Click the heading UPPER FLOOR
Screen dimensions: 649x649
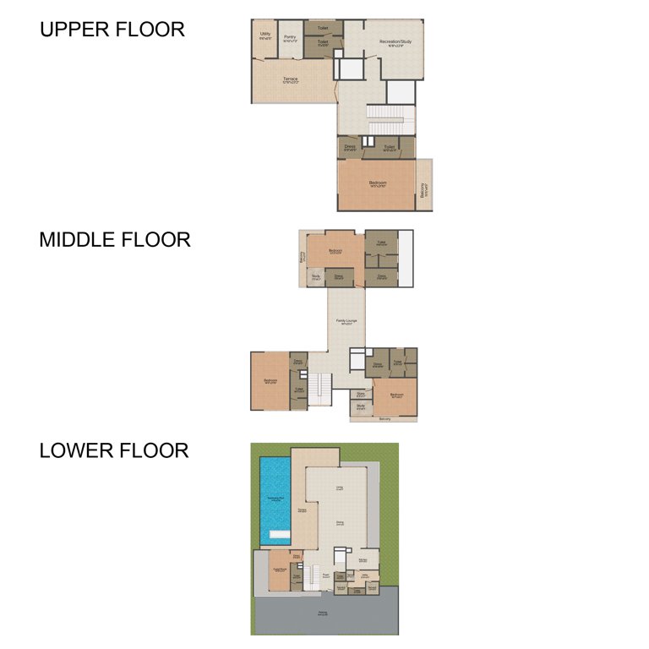tap(112, 30)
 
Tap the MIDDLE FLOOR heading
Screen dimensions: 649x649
tap(115, 240)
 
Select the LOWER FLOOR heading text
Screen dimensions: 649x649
tap(113, 450)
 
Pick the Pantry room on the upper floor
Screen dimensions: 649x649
tap(290, 37)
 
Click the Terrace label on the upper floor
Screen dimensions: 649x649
tap(291, 80)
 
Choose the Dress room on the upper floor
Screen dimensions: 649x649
tap(350, 147)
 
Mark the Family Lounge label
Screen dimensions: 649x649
tap(346, 321)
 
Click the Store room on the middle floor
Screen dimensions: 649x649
tap(361, 393)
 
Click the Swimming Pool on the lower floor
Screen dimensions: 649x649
tap(275, 499)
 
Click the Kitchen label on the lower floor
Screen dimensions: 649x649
tap(362, 559)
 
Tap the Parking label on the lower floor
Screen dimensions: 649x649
tap(323, 613)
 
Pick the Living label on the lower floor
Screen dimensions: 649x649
tap(340, 488)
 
